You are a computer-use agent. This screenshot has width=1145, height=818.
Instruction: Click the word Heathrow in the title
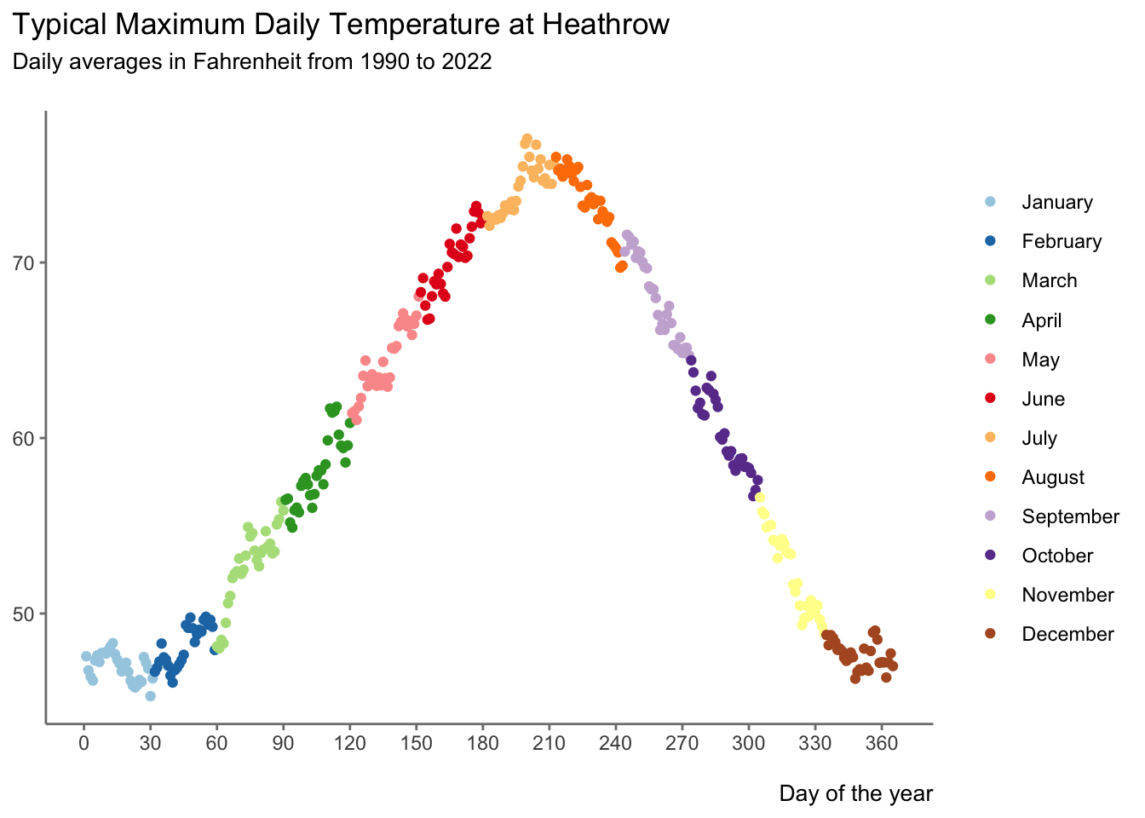pyautogui.click(x=606, y=24)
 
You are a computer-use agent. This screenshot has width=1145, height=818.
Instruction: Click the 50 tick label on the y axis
pyautogui.click(x=22, y=614)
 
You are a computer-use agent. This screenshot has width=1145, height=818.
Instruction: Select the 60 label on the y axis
pyautogui.click(x=22, y=439)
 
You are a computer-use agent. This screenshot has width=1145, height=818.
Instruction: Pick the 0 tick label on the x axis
pyautogui.click(x=83, y=743)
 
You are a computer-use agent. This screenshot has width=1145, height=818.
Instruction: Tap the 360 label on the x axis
pyautogui.click(x=882, y=743)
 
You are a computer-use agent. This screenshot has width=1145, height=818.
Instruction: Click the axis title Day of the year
pyautogui.click(x=856, y=794)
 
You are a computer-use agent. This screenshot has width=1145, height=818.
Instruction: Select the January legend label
pyautogui.click(x=1057, y=203)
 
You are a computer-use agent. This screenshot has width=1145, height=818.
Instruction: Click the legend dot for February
pyautogui.click(x=990, y=240)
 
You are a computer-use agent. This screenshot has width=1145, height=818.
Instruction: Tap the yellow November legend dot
pyautogui.click(x=990, y=594)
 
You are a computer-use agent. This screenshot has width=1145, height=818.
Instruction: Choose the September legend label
pyautogui.click(x=1070, y=517)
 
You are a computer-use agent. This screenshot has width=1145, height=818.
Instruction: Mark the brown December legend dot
pyautogui.click(x=990, y=633)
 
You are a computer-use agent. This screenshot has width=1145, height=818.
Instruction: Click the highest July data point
pyautogui.click(x=527, y=139)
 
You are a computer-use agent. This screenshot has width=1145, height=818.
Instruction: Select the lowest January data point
pyautogui.click(x=150, y=696)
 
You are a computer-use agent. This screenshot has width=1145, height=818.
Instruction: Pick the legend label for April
pyautogui.click(x=1042, y=321)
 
